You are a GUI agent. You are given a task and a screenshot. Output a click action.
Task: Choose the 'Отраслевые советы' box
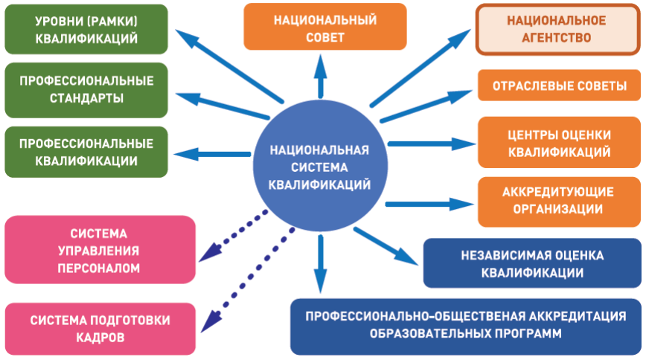point(559,86)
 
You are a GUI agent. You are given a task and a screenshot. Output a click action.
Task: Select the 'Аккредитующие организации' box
point(557,201)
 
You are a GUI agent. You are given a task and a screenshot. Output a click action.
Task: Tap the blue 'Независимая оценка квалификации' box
point(531,263)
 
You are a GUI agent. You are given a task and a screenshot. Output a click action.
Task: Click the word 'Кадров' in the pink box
point(100,337)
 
